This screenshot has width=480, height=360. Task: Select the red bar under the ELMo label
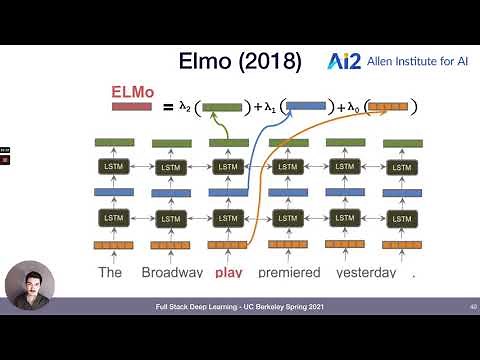(131, 106)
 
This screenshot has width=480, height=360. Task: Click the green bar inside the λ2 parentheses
(222, 106)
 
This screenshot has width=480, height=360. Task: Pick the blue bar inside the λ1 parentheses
(305, 104)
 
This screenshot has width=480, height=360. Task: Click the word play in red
(229, 272)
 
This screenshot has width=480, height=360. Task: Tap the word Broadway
(172, 272)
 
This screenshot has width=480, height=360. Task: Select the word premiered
(288, 272)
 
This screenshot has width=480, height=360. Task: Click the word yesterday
(365, 272)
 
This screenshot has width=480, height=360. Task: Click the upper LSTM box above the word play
(229, 166)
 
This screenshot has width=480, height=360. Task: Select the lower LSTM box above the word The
(109, 217)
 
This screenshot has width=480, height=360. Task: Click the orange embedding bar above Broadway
(170, 245)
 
